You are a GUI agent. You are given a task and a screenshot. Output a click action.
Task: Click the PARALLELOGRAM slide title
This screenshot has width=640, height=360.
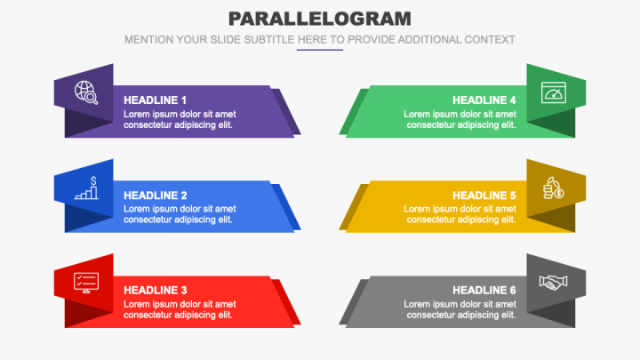point(319,19)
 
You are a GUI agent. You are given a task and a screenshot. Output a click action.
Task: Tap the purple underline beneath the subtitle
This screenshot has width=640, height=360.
point(319,50)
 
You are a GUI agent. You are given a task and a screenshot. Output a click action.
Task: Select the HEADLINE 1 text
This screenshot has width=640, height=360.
point(156,100)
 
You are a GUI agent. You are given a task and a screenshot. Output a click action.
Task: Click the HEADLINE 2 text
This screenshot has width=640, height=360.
point(156,196)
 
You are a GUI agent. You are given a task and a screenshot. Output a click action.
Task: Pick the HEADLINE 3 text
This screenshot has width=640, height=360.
point(156,290)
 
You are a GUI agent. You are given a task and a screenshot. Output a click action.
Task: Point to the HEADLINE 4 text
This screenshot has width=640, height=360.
point(484,100)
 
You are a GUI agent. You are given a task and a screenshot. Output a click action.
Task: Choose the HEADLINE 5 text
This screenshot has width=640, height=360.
point(484,196)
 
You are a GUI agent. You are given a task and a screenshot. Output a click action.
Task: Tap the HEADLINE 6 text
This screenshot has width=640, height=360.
point(484,290)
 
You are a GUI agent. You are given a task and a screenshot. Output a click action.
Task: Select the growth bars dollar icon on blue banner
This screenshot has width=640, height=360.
point(87,188)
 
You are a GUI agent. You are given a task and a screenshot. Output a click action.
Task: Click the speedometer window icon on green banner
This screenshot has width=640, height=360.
point(554,92)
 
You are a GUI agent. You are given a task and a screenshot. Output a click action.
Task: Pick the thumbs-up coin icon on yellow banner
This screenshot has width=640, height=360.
point(554,188)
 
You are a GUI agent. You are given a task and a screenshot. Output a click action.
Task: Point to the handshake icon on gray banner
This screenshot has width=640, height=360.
point(554,282)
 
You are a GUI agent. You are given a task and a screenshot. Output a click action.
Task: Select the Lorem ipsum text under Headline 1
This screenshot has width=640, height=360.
point(180,119)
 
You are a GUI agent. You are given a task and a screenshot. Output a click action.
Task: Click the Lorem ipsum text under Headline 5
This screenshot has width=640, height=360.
point(460,214)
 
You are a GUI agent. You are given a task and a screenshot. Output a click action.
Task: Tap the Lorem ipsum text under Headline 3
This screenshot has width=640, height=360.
point(180,309)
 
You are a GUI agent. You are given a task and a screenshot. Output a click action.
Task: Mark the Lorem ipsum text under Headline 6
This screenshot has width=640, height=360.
point(460,309)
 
